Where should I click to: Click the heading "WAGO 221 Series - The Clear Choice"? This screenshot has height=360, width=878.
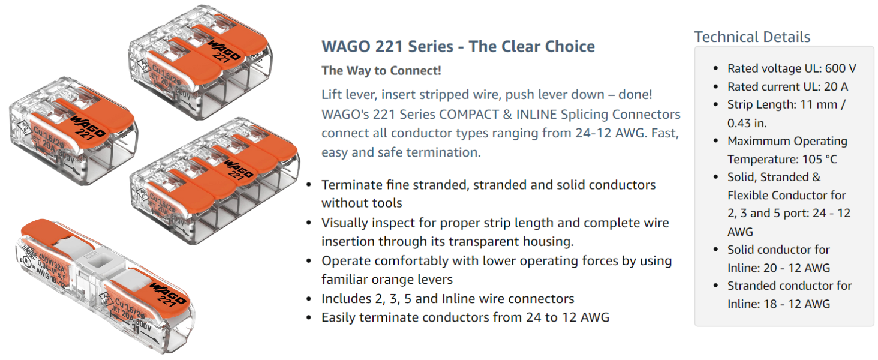point(458,46)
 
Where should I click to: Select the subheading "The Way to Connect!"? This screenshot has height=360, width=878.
point(381,70)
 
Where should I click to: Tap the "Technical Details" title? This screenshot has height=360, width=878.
point(752,37)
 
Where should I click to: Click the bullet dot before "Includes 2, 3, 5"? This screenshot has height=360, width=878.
point(309,299)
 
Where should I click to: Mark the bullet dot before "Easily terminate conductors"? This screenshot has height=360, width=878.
point(309,318)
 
